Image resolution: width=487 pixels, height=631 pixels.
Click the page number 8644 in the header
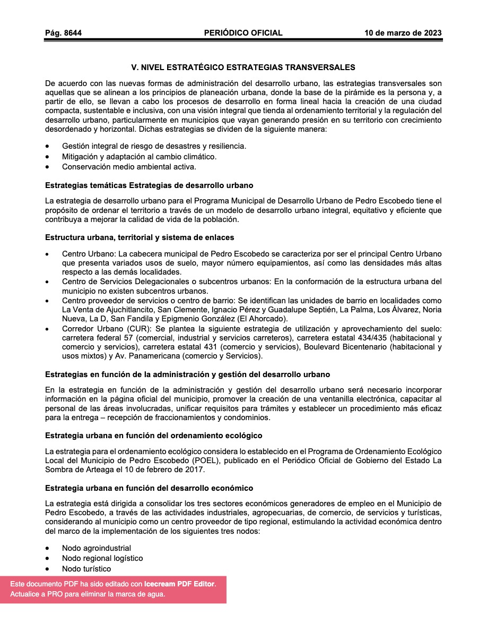point(72,33)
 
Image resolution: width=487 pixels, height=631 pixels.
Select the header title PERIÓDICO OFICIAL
point(243,33)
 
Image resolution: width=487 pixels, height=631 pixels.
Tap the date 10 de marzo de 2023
point(403,33)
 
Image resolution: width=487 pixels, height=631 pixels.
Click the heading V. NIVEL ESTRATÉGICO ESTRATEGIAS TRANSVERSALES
point(243,67)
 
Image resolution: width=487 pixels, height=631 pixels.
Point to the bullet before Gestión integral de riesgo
point(49,146)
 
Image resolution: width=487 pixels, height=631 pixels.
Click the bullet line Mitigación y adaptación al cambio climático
point(139,157)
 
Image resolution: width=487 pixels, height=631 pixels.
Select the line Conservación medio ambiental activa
point(129,167)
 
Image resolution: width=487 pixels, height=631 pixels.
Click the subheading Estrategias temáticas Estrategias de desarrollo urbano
point(149,185)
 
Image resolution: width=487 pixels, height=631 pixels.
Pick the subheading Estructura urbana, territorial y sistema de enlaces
point(140,237)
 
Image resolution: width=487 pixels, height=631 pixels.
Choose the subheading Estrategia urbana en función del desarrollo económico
point(149,488)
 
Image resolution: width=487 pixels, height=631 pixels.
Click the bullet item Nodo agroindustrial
point(96,548)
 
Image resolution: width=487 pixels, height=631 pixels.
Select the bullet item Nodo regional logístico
point(102,558)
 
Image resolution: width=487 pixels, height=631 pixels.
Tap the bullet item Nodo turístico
point(86,569)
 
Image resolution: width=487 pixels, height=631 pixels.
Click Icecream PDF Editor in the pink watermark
point(179,584)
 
